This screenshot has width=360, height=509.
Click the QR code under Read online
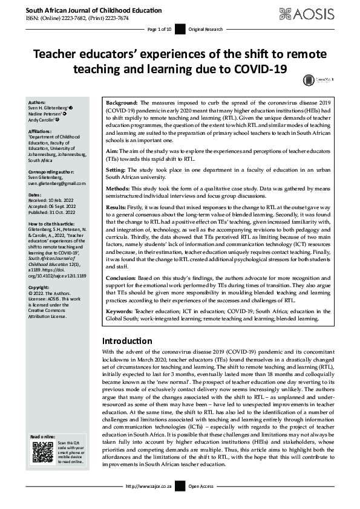click(42, 452)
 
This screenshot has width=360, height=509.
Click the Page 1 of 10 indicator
click(160, 29)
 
